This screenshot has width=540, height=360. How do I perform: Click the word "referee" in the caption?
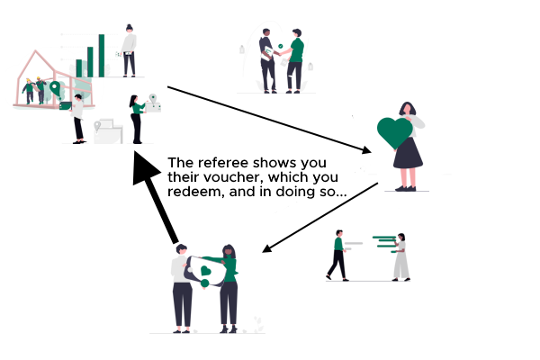(x=223, y=163)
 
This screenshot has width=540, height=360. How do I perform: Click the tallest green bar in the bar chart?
(x=102, y=56)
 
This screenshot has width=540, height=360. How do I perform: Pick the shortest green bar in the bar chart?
(x=79, y=68)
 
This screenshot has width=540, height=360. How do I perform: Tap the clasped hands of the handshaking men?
(x=277, y=53)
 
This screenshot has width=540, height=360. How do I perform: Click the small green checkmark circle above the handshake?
(x=280, y=46)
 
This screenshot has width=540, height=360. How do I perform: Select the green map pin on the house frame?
(x=55, y=88)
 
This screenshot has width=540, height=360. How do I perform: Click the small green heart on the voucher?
(x=205, y=271)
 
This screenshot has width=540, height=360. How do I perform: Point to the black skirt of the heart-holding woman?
(x=408, y=153)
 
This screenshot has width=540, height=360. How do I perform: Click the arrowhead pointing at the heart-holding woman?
(x=367, y=150)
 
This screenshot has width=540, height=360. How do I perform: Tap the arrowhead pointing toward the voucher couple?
(x=266, y=248)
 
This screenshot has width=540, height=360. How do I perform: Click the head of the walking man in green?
(x=339, y=233)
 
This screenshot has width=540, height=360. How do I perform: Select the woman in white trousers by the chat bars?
(x=400, y=257)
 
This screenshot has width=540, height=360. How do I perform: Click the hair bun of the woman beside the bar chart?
(x=129, y=26)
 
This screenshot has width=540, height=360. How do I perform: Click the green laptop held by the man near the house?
(x=65, y=106)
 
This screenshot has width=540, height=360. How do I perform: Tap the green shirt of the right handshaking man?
(x=297, y=50)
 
